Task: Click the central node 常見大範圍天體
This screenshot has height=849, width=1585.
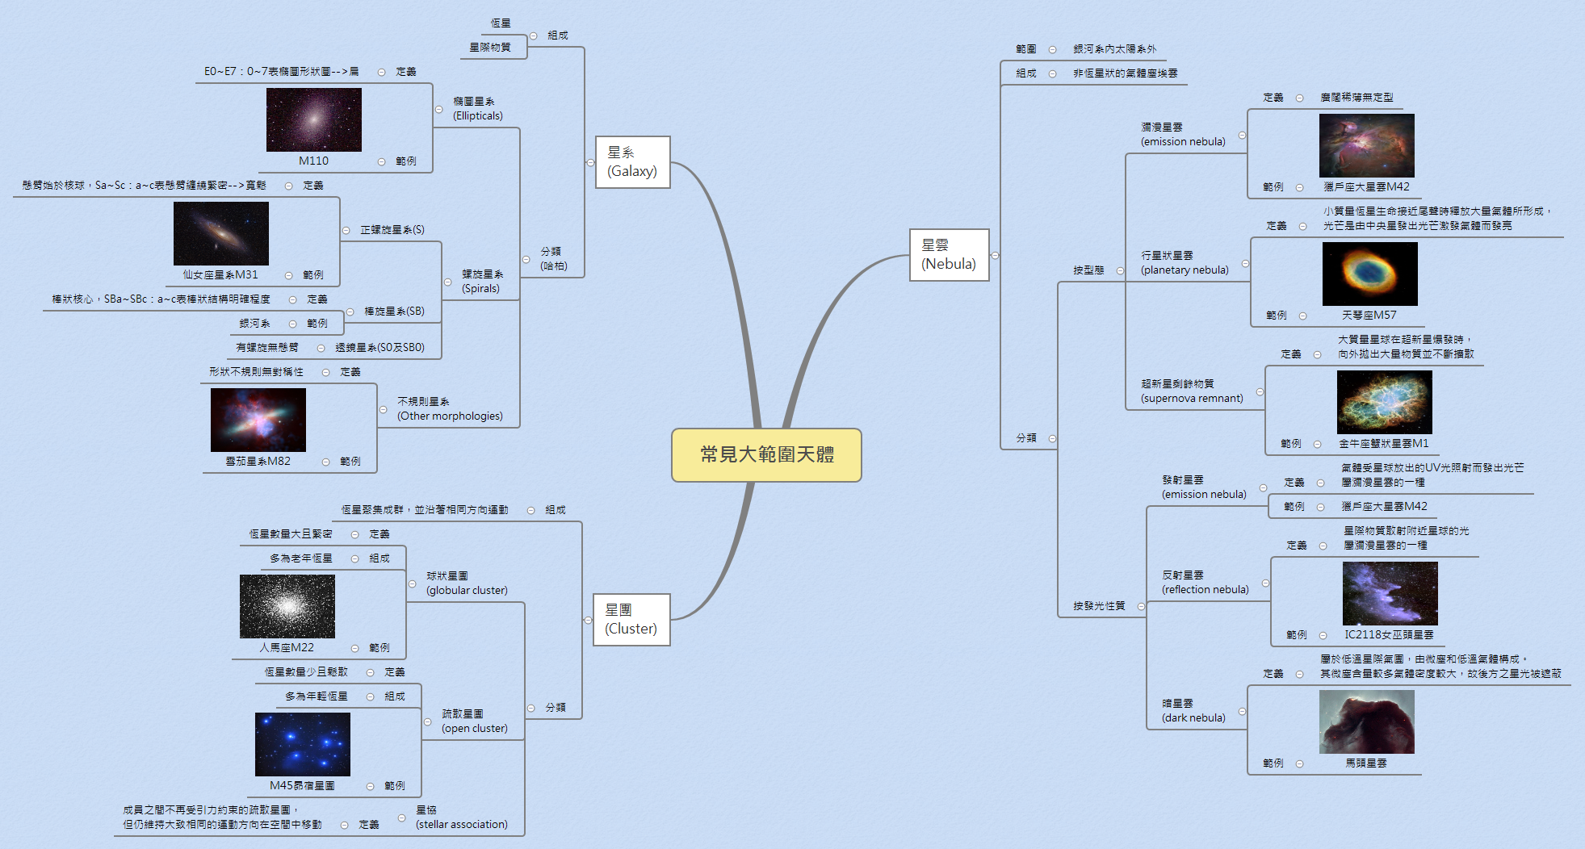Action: click(x=766, y=454)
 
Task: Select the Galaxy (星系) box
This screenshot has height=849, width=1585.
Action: click(x=632, y=162)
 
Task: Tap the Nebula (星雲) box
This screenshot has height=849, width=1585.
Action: click(x=949, y=255)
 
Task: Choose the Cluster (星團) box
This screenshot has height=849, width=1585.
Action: click(x=631, y=620)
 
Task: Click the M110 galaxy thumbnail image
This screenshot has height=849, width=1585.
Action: click(x=313, y=119)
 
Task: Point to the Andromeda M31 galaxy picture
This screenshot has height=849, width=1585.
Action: click(x=220, y=233)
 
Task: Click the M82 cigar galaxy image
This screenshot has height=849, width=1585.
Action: click(x=258, y=420)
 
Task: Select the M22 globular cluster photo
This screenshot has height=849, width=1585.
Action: click(x=287, y=606)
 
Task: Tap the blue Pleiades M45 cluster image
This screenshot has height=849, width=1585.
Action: click(x=302, y=744)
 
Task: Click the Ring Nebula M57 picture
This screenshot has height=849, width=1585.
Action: click(x=1369, y=274)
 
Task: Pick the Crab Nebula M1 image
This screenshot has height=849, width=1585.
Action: click(x=1384, y=402)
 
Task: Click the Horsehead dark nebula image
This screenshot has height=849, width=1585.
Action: click(x=1366, y=721)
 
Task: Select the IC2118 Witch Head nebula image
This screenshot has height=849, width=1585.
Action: click(x=1390, y=593)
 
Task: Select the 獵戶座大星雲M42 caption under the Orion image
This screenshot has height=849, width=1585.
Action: click(x=1366, y=186)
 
